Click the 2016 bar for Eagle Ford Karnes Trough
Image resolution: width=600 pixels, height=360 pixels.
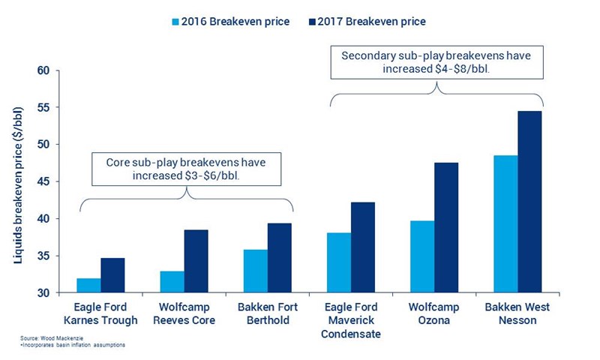pyautogui.click(x=88, y=286)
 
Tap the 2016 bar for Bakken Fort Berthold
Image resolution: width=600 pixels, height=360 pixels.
pyautogui.click(x=256, y=271)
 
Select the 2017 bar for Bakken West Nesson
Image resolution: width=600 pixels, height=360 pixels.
pyautogui.click(x=529, y=202)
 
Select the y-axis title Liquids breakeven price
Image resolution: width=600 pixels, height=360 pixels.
pyautogui.click(x=17, y=181)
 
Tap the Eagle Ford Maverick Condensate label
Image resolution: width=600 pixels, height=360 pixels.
pyautogui.click(x=352, y=320)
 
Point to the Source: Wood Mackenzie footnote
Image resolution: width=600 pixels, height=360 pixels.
pyautogui.click(x=51, y=338)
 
